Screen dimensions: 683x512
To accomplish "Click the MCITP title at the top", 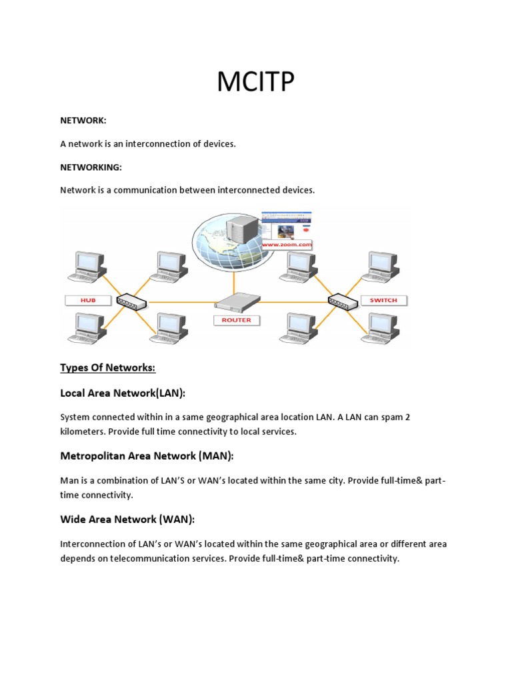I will coord(255,83).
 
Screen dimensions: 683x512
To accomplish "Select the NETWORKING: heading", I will coord(91,167).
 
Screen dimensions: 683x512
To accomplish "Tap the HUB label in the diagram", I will coord(89,300).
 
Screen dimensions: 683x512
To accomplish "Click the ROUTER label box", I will coord(237,319).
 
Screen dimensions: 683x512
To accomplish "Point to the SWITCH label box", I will coord(383,300).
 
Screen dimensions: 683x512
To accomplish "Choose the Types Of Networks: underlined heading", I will coord(107,368).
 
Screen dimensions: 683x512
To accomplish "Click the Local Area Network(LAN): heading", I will coord(123,393).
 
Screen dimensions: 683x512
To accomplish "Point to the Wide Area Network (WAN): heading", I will coord(127,519).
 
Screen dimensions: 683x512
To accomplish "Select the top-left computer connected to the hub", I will coord(89,266).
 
